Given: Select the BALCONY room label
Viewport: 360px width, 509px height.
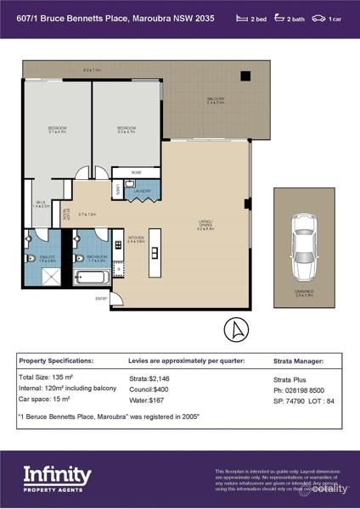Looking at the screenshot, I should point(216,99).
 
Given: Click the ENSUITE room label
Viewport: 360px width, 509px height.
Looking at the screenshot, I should point(49,260).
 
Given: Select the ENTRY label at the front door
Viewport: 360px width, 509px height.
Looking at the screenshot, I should point(102,298).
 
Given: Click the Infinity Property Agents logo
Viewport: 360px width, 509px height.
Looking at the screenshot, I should point(57,479).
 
